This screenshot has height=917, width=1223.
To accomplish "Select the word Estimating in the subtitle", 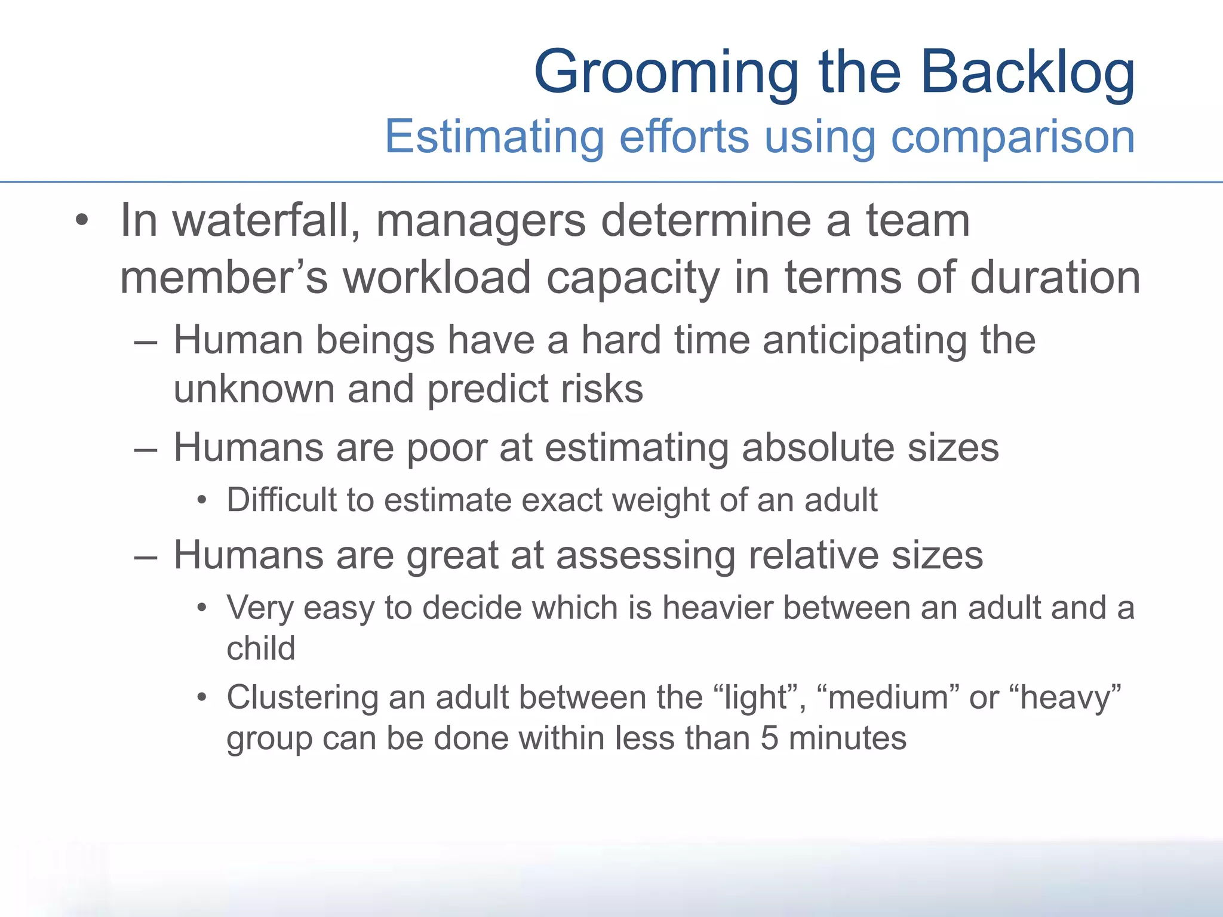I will pyautogui.click(x=494, y=137).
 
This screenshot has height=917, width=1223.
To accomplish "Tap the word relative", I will pyautogui.click(x=813, y=556).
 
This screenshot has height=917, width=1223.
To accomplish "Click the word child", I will pyautogui.click(x=261, y=648).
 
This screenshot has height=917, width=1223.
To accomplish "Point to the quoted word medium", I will pyautogui.click(x=888, y=698).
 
